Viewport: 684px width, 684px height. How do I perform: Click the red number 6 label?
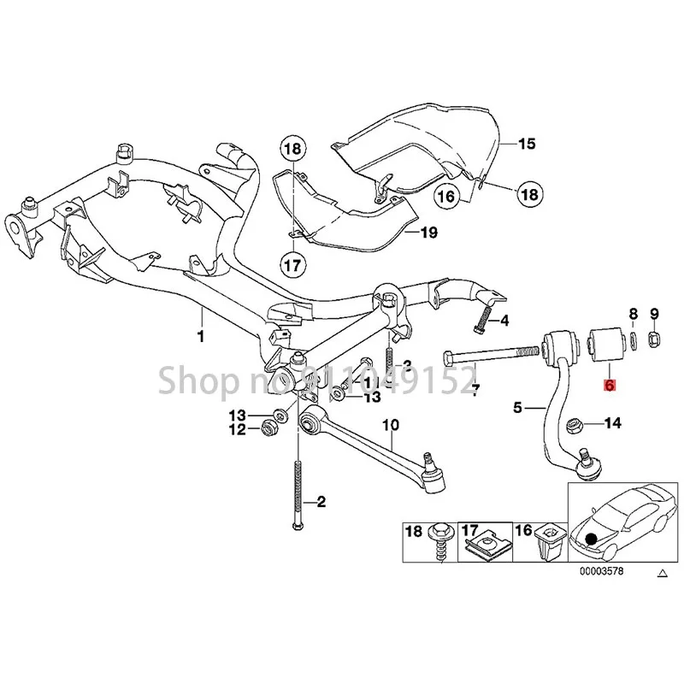pyautogui.click(x=609, y=386)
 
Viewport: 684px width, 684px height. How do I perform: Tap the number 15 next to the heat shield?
pyautogui.click(x=526, y=144)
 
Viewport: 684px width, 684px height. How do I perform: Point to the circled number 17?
pyautogui.click(x=292, y=266)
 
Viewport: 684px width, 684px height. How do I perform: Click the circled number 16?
pyautogui.click(x=445, y=197)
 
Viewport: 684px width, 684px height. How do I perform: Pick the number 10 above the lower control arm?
pyautogui.click(x=390, y=425)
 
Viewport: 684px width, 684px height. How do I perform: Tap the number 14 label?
pyautogui.click(x=613, y=422)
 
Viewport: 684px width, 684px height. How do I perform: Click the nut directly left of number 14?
pyautogui.click(x=577, y=422)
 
